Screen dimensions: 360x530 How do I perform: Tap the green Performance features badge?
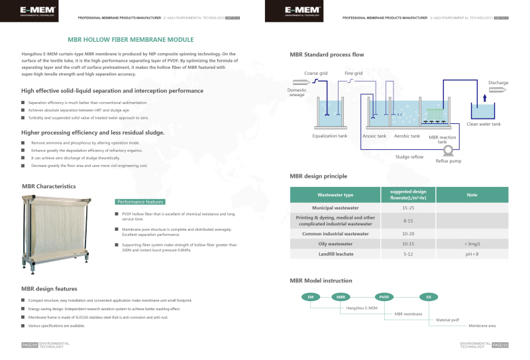[140, 201]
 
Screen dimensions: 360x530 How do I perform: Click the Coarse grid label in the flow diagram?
[317, 73]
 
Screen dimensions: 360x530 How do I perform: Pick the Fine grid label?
[353, 73]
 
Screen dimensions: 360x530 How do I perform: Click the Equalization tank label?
[329, 136]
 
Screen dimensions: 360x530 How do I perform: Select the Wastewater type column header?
[335, 195]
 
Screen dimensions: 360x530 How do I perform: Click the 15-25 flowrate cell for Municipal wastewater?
[408, 208]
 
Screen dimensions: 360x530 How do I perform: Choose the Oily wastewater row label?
[335, 244]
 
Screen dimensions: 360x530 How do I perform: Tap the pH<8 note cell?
[472, 254]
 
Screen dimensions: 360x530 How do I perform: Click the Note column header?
[472, 195]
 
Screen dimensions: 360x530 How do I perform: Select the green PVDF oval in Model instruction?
[384, 297]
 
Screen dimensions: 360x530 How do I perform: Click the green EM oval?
[310, 297]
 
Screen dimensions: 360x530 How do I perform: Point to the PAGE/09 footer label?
[29, 345]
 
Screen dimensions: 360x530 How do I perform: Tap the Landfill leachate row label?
[335, 254]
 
